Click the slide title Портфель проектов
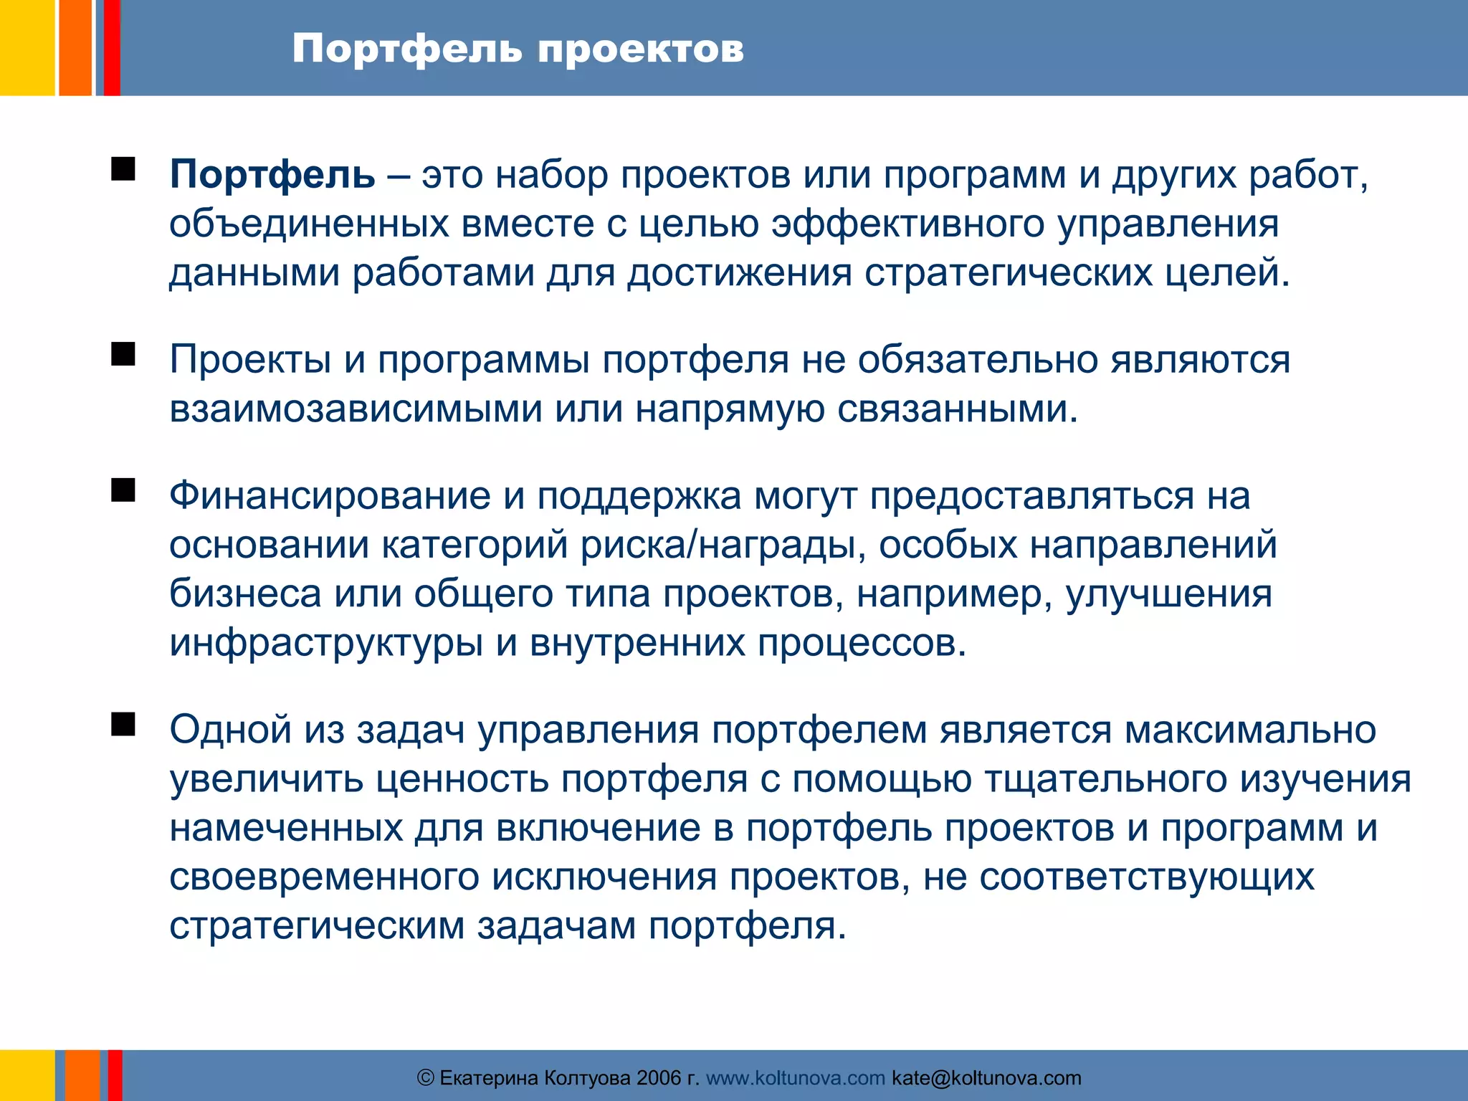click(x=518, y=49)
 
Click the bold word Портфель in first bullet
click(x=272, y=175)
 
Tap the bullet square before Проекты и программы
click(x=123, y=354)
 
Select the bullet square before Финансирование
click(x=123, y=490)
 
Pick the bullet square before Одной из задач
click(x=123, y=725)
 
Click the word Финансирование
click(x=330, y=496)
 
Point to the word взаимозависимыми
click(x=356, y=409)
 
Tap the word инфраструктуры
click(x=325, y=643)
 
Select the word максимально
click(x=1249, y=730)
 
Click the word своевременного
click(x=324, y=877)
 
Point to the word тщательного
click(x=1105, y=779)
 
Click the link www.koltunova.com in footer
click(x=796, y=1078)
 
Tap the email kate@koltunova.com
click(x=986, y=1078)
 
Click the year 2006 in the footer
click(x=659, y=1078)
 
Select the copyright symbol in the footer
click(x=426, y=1078)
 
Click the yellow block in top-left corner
click(x=27, y=47)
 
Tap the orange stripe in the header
click(x=75, y=47)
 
